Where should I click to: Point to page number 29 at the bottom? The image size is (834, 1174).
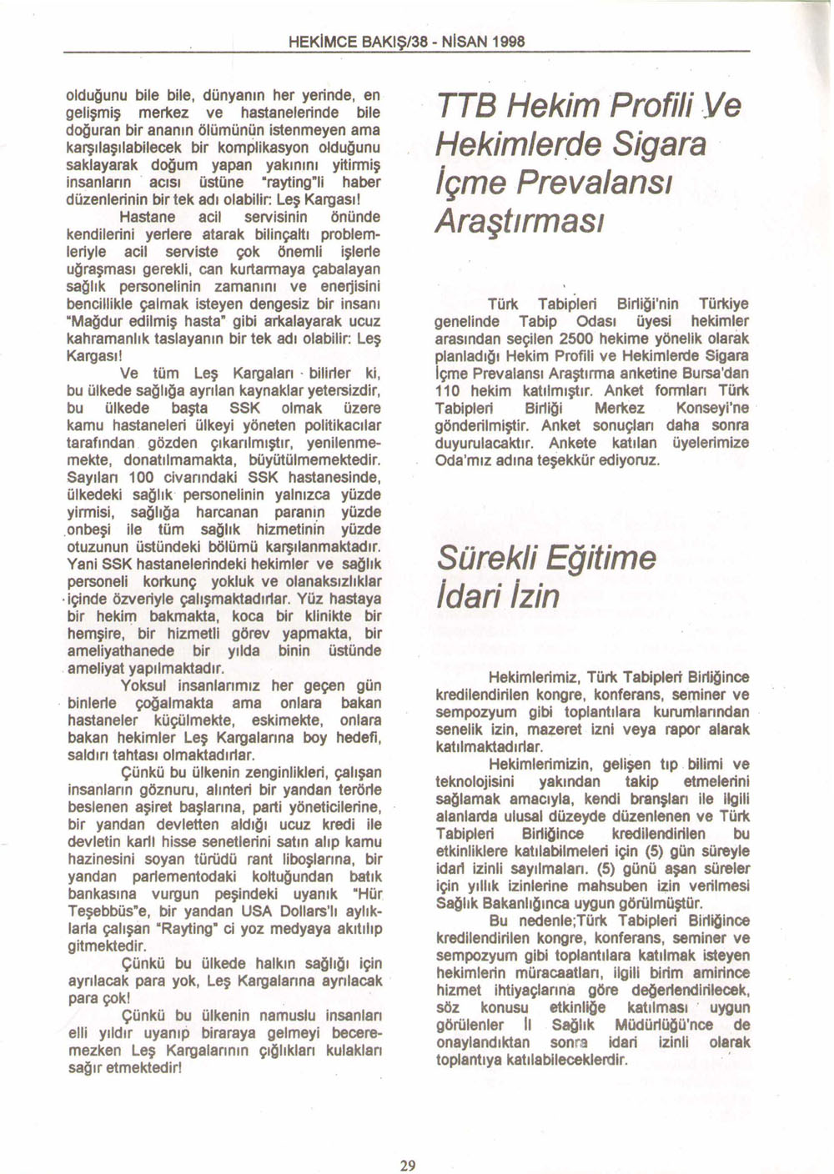pyautogui.click(x=407, y=1166)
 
